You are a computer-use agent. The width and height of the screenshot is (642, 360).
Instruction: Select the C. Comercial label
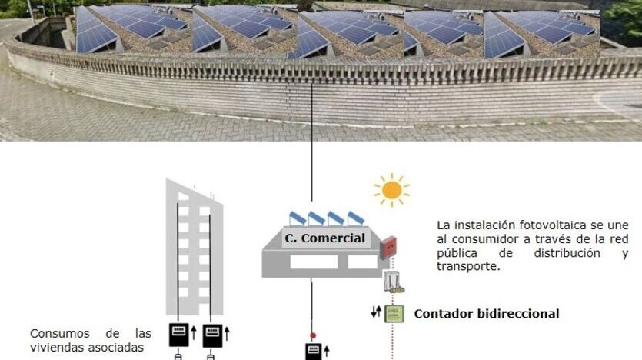point(324,238)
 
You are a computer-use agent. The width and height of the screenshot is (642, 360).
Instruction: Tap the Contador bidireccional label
point(486,314)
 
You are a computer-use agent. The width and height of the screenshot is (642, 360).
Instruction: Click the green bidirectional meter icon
point(394,314)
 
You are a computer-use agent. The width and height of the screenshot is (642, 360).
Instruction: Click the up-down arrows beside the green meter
point(376,313)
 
